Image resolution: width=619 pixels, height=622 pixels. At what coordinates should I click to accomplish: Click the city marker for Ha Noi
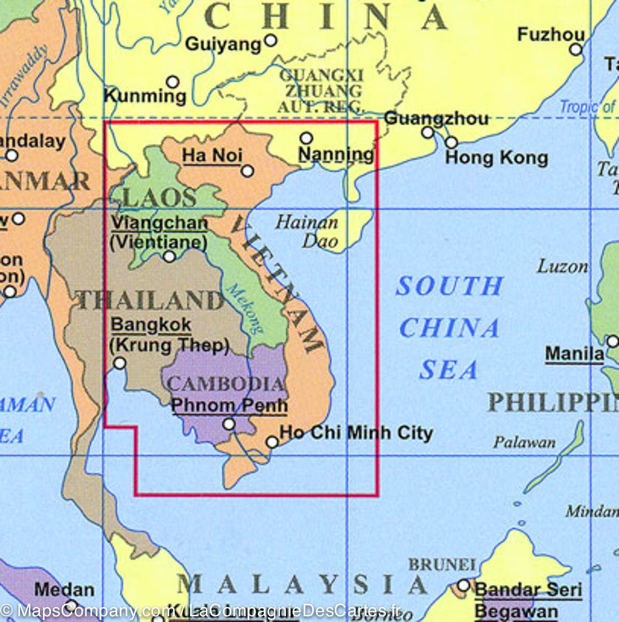click(x=248, y=171)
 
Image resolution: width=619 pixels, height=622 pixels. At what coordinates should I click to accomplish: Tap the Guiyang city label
click(x=223, y=45)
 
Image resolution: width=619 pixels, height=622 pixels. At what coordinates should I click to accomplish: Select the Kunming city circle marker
click(x=173, y=82)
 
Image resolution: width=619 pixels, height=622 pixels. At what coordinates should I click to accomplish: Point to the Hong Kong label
click(x=496, y=158)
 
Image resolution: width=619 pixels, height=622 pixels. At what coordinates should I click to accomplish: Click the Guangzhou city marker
click(x=428, y=132)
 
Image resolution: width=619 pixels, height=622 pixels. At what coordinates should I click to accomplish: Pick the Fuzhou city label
click(x=551, y=35)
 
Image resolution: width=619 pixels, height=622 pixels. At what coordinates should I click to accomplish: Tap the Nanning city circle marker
click(x=306, y=138)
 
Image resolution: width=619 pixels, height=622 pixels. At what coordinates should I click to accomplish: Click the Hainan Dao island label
click(x=307, y=231)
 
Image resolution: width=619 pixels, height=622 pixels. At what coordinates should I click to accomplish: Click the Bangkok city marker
click(x=119, y=363)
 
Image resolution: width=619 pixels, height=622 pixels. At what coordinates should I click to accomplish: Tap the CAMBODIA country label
click(x=226, y=384)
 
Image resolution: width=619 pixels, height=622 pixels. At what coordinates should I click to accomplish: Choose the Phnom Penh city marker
click(x=229, y=425)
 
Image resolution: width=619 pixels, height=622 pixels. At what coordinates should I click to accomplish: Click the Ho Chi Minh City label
click(x=356, y=432)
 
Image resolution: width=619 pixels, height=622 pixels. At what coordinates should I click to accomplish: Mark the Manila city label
click(x=574, y=354)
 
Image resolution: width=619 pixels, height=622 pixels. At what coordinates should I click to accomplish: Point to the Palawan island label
click(x=524, y=442)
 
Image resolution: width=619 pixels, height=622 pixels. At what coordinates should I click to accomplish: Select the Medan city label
click(x=64, y=590)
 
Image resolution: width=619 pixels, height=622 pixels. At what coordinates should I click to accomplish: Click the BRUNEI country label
click(x=442, y=564)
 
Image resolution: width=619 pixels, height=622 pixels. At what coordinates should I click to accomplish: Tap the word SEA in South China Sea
click(x=448, y=370)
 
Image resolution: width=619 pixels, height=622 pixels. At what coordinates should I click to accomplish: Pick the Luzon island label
click(x=562, y=267)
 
